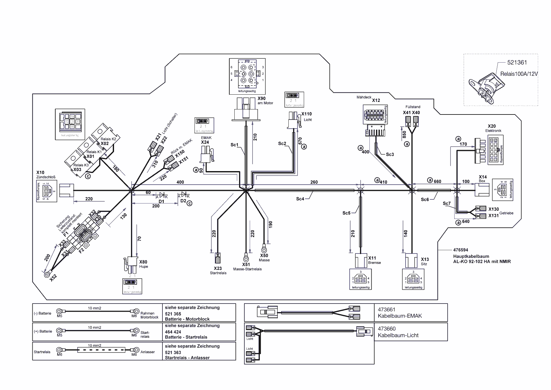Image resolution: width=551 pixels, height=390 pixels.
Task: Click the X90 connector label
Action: click(x=261, y=98)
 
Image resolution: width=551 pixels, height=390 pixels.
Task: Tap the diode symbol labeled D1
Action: click(x=162, y=195)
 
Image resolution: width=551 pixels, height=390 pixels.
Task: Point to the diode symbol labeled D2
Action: click(x=184, y=195)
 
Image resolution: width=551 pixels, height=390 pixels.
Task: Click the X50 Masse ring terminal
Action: click(x=264, y=248)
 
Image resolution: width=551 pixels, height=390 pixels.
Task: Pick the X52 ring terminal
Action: click(x=47, y=275)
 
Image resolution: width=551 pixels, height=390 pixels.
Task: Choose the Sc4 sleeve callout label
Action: click(x=300, y=199)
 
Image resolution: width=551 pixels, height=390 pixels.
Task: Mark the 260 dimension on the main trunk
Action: click(x=314, y=182)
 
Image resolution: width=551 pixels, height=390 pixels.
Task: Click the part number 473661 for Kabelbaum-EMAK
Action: click(x=387, y=310)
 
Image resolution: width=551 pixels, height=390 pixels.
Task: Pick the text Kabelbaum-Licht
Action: click(x=398, y=336)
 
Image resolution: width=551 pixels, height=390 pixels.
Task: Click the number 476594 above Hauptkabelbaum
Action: click(x=461, y=250)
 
